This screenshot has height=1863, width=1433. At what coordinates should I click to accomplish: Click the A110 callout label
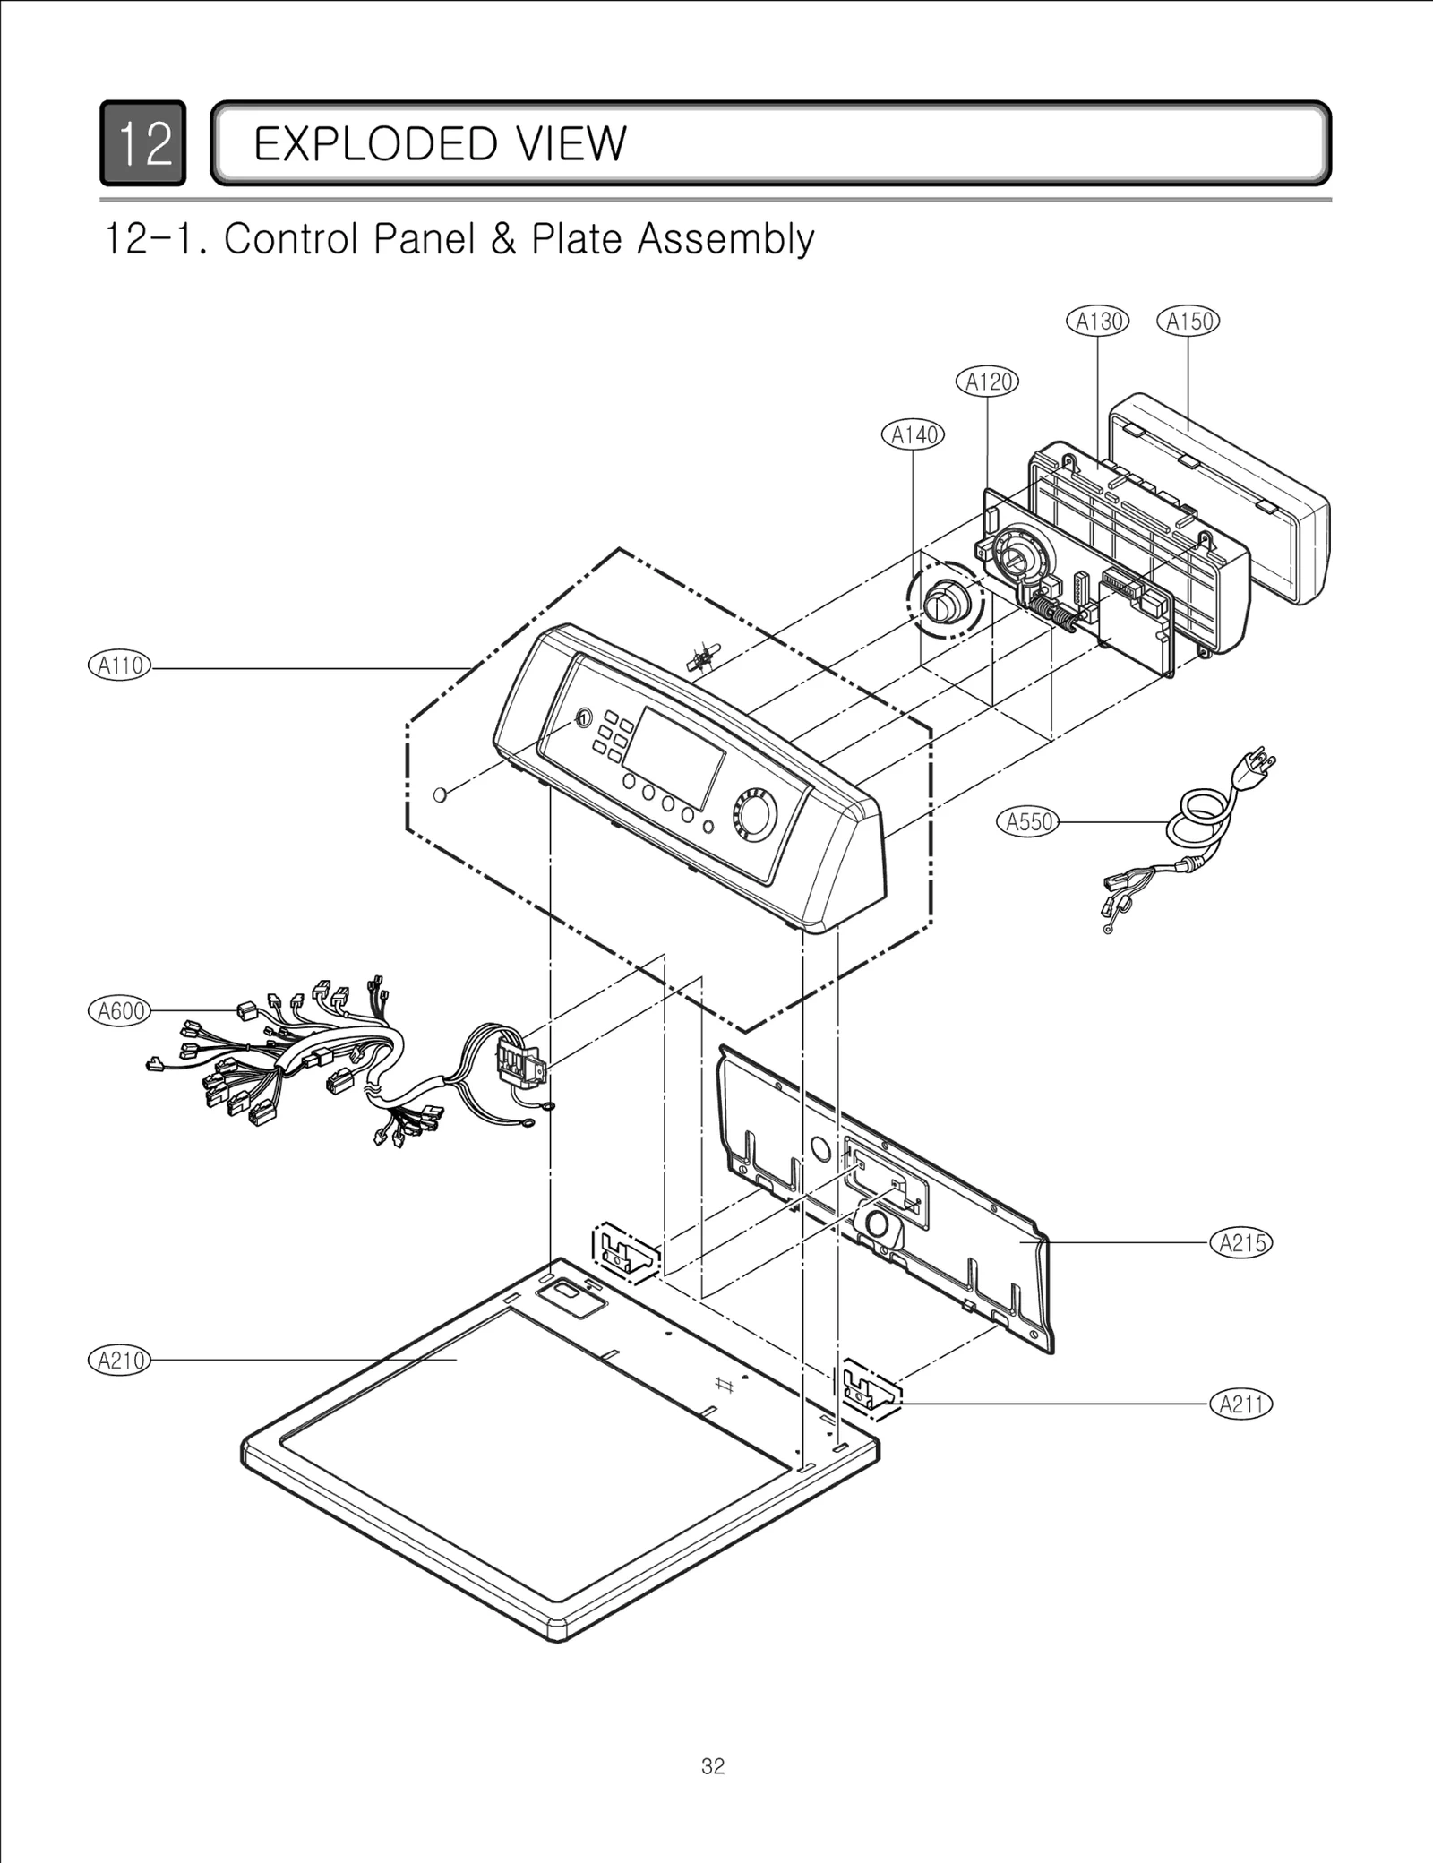tap(120, 666)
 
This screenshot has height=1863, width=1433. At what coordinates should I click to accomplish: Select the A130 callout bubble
tap(1098, 321)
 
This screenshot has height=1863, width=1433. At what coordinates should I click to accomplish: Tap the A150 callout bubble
tap(1188, 321)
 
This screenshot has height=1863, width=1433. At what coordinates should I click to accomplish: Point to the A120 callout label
tap(988, 382)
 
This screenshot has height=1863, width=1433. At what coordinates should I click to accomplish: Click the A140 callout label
tap(914, 435)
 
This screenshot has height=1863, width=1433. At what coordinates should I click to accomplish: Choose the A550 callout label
tap(1028, 821)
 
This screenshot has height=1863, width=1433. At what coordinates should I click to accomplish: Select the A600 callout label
tap(120, 1011)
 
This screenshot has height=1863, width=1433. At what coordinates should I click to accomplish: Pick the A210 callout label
tap(120, 1360)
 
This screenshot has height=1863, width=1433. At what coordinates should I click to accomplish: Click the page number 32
tap(713, 1766)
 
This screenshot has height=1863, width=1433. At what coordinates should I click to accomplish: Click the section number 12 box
tap(143, 143)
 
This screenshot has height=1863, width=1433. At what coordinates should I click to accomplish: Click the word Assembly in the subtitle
tap(725, 239)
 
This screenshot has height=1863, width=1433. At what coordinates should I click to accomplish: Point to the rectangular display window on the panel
tap(674, 758)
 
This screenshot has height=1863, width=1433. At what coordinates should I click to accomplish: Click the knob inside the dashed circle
tap(943, 601)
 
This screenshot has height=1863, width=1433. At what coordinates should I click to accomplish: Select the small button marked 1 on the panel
tap(582, 718)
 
